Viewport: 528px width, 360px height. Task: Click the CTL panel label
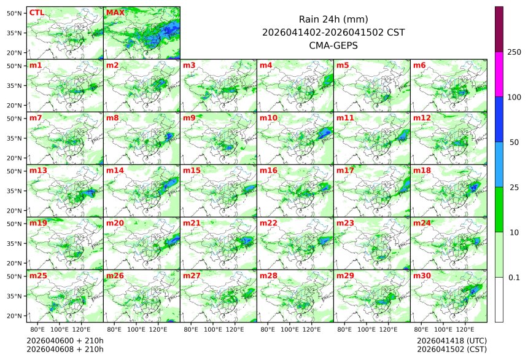click(37, 12)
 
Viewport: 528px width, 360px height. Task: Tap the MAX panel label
click(115, 12)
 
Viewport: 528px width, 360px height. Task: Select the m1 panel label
click(36, 65)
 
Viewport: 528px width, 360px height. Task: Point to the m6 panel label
click(419, 65)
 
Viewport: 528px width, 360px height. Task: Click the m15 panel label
click(191, 170)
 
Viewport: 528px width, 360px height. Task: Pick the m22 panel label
click(268, 223)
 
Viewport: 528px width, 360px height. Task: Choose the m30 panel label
click(421, 276)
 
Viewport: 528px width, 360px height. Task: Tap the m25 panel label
click(38, 276)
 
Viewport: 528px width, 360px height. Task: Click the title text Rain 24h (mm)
click(333, 19)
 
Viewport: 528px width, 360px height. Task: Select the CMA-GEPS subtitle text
click(333, 45)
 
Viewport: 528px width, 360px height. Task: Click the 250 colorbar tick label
click(514, 52)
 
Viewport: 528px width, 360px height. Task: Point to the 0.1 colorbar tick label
click(514, 277)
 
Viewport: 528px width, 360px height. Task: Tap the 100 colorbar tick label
click(514, 97)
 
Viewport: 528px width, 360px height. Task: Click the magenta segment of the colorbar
click(499, 74)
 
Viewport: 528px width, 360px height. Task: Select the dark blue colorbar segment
click(499, 119)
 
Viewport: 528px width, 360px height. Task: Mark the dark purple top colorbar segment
click(499, 29)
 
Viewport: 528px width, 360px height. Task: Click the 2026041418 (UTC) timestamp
click(451, 340)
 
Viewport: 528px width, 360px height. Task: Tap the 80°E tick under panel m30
click(422, 330)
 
